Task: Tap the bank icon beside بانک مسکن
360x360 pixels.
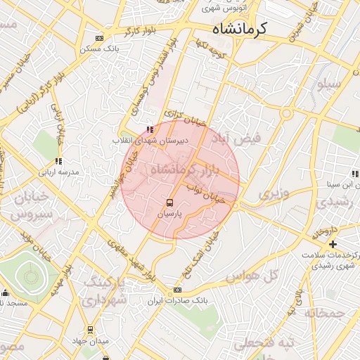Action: click(98, 39)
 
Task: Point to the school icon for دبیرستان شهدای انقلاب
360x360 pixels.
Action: click(149, 129)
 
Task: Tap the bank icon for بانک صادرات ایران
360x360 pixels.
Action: click(177, 290)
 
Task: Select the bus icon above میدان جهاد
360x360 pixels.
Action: click(90, 330)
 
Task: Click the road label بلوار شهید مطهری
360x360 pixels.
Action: click(129, 256)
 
